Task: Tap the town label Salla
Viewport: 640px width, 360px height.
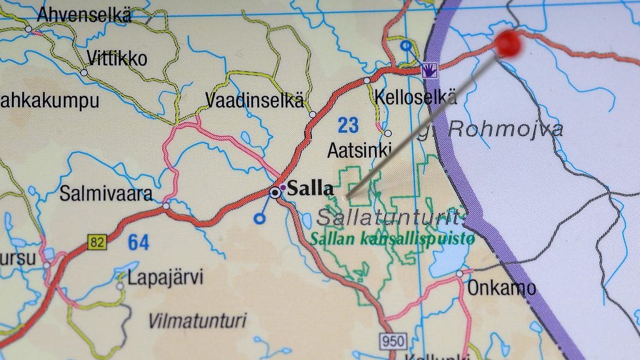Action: tap(310, 188)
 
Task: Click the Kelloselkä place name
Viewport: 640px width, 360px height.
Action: tap(416, 97)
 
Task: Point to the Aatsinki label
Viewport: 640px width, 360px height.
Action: tap(359, 150)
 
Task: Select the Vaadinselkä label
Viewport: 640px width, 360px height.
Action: tap(254, 100)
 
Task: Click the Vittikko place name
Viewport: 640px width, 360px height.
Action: tap(117, 59)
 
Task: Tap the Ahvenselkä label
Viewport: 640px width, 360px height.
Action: tap(84, 15)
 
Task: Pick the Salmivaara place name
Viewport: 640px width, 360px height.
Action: tap(106, 194)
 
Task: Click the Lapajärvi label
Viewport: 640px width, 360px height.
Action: tap(166, 277)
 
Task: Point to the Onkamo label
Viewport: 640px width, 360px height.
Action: tap(501, 288)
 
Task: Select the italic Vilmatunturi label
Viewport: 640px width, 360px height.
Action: tap(197, 321)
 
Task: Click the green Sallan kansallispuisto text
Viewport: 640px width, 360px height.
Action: tap(392, 238)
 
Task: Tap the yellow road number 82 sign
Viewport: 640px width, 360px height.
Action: tap(97, 241)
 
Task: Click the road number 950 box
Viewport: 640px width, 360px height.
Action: tap(393, 341)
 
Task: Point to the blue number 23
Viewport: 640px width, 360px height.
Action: tap(348, 125)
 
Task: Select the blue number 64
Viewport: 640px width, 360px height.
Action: tap(139, 242)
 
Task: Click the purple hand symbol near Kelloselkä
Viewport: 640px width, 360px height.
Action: tap(429, 69)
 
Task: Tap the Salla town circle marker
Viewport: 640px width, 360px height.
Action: tap(275, 192)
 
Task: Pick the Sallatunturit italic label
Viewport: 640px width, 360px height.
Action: tap(391, 217)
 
